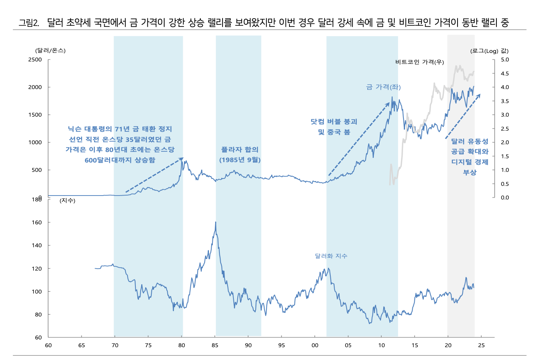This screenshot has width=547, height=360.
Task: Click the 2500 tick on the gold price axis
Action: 35,59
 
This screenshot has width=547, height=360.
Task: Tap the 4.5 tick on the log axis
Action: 505,73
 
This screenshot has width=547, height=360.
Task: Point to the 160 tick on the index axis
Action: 37,222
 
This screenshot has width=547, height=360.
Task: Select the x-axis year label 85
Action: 215,345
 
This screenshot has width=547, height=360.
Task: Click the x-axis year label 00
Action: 315,345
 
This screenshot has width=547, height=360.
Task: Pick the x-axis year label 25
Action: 481,345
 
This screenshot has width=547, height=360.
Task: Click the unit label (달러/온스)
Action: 51,51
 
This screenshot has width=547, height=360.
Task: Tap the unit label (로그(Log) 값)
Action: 489,51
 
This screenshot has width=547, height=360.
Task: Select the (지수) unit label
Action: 67,201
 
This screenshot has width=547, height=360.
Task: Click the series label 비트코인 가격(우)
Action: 419,62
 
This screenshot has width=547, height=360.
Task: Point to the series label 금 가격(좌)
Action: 383,87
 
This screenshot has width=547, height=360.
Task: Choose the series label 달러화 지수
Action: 331,256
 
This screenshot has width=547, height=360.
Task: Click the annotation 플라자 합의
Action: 240,150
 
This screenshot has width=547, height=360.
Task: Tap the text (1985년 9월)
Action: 240,160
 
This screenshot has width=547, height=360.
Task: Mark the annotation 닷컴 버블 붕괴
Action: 334,122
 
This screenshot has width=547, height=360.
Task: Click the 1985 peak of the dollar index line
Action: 216,222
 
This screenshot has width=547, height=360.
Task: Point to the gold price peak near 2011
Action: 392,97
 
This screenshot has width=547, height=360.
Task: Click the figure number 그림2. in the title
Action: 29,23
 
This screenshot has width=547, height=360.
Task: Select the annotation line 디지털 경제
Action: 470,162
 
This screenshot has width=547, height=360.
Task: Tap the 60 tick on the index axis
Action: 38,337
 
